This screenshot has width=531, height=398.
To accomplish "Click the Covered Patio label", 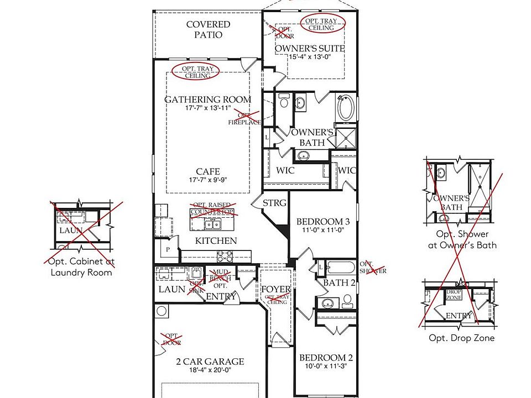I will coord(208,29).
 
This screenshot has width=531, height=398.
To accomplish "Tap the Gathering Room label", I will coord(207,99).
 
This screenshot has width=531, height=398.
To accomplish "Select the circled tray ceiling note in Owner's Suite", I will coord(322,24).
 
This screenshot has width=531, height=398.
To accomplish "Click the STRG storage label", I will coord(274,203).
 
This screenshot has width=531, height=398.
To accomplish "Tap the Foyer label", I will coord(275,289).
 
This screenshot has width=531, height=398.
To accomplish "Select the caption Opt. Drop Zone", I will coord(461,338).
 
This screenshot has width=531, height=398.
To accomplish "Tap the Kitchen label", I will coord(216,240).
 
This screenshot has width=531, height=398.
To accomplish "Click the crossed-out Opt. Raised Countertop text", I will coord(213,208).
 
